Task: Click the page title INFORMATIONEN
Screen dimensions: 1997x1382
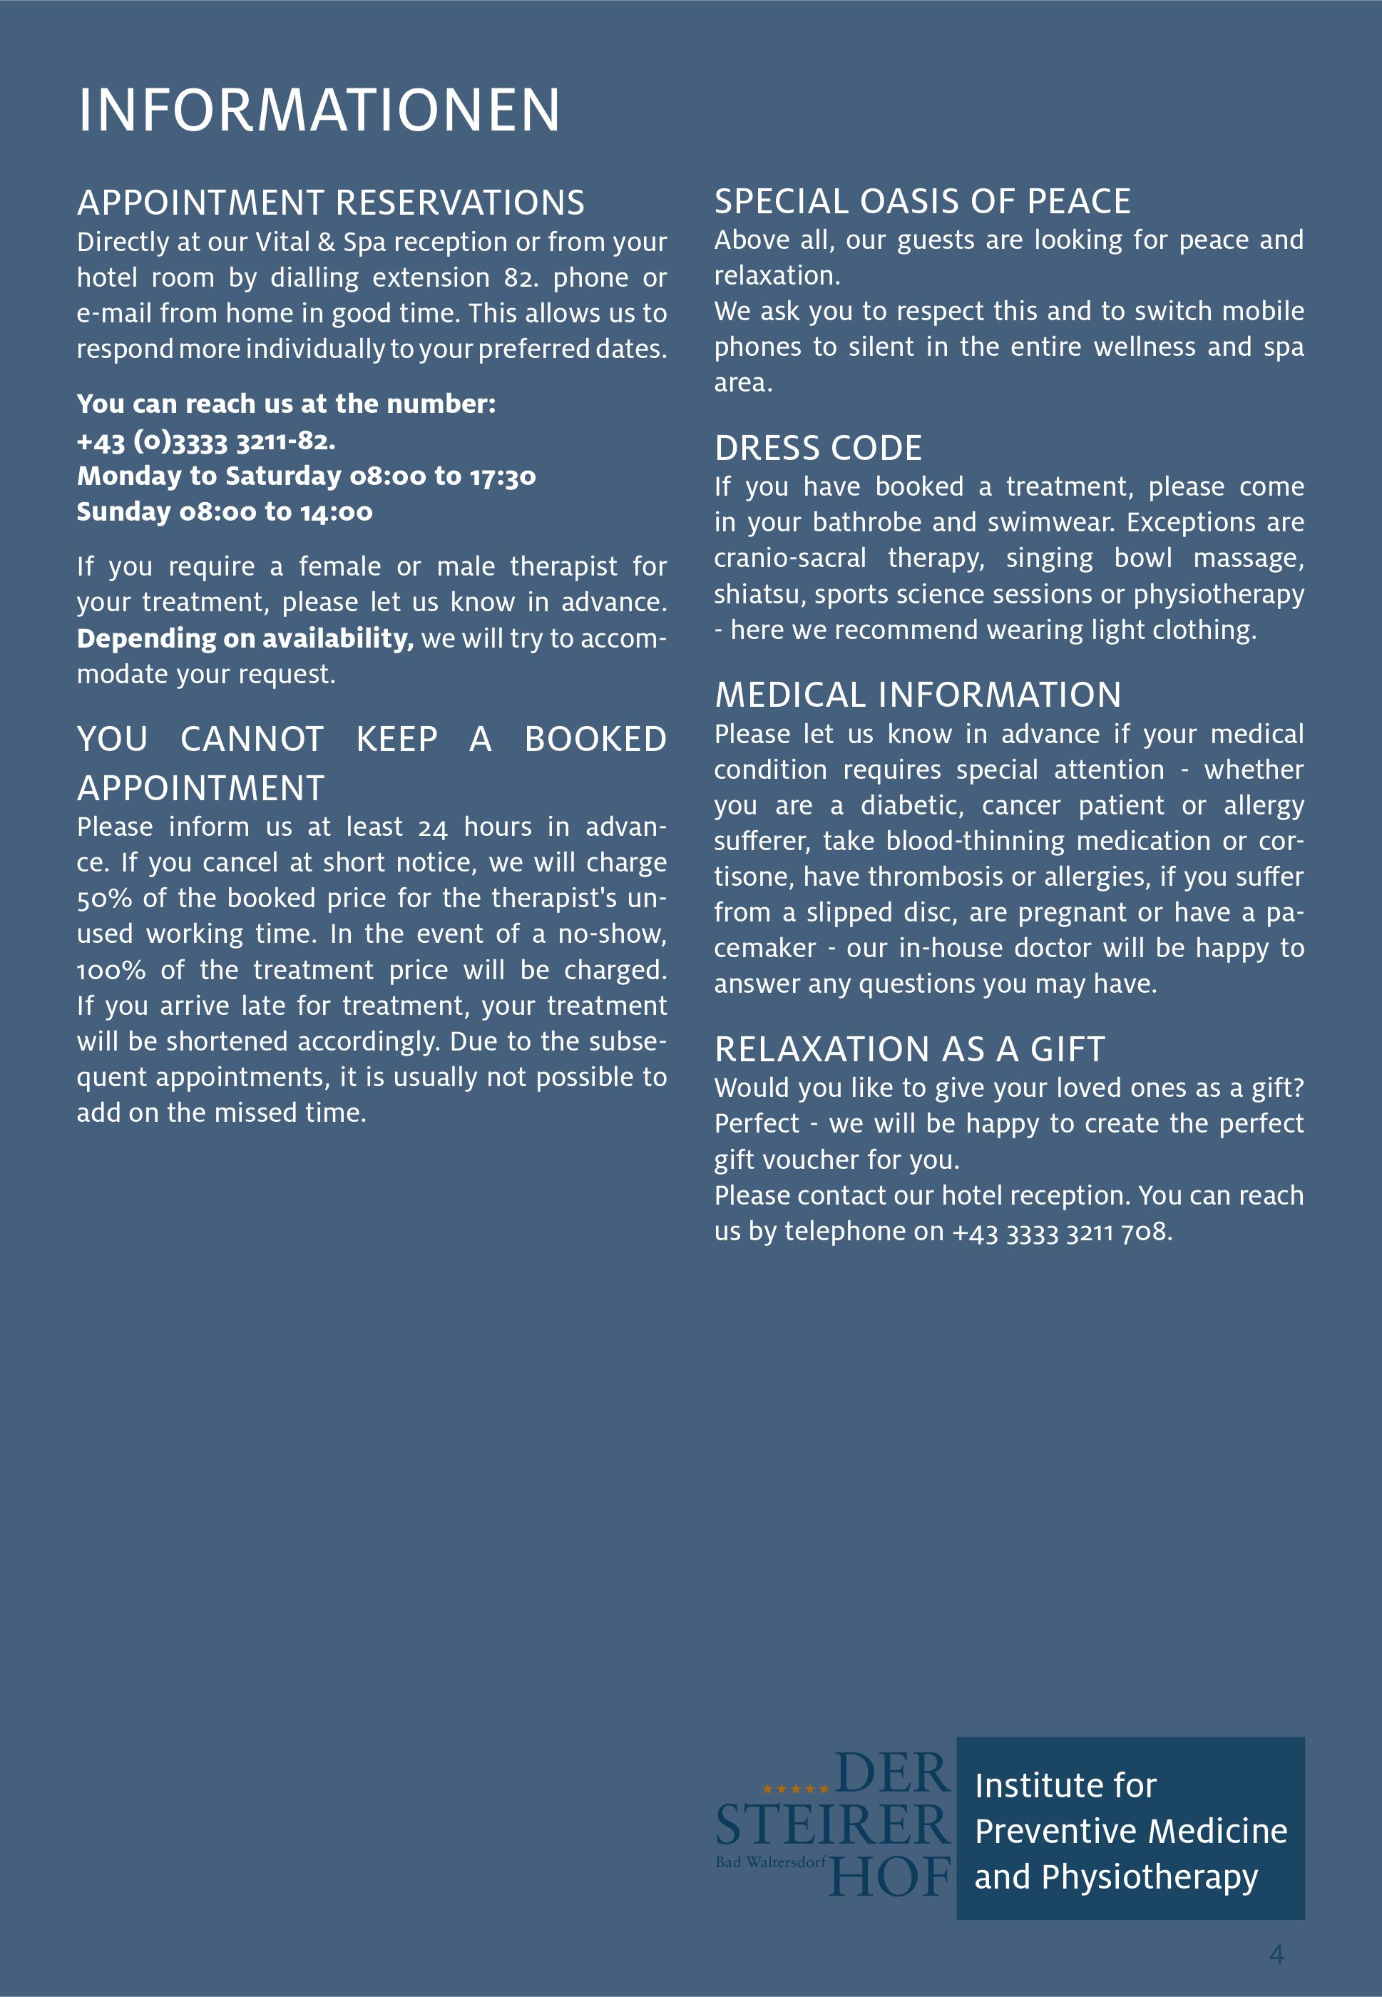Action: [x=319, y=111]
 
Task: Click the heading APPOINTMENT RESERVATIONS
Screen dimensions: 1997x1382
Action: [x=330, y=203]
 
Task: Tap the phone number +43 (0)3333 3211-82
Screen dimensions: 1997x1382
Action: [x=205, y=441]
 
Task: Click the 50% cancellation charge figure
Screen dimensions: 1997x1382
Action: [x=104, y=899]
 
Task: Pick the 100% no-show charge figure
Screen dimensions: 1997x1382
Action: [x=111, y=971]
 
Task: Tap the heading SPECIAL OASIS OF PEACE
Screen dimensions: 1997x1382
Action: [x=922, y=202]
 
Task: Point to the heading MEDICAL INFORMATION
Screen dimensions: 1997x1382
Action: [x=918, y=695]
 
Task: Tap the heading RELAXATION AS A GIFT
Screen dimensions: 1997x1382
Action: [x=909, y=1050]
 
